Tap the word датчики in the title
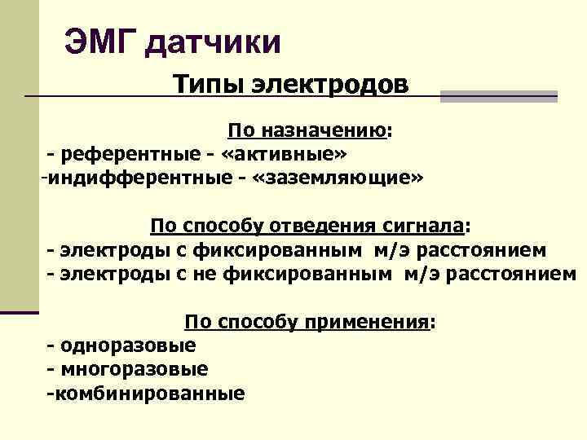(x=214, y=42)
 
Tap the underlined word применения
(x=366, y=321)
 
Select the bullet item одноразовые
(x=127, y=345)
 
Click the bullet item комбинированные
(x=147, y=393)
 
